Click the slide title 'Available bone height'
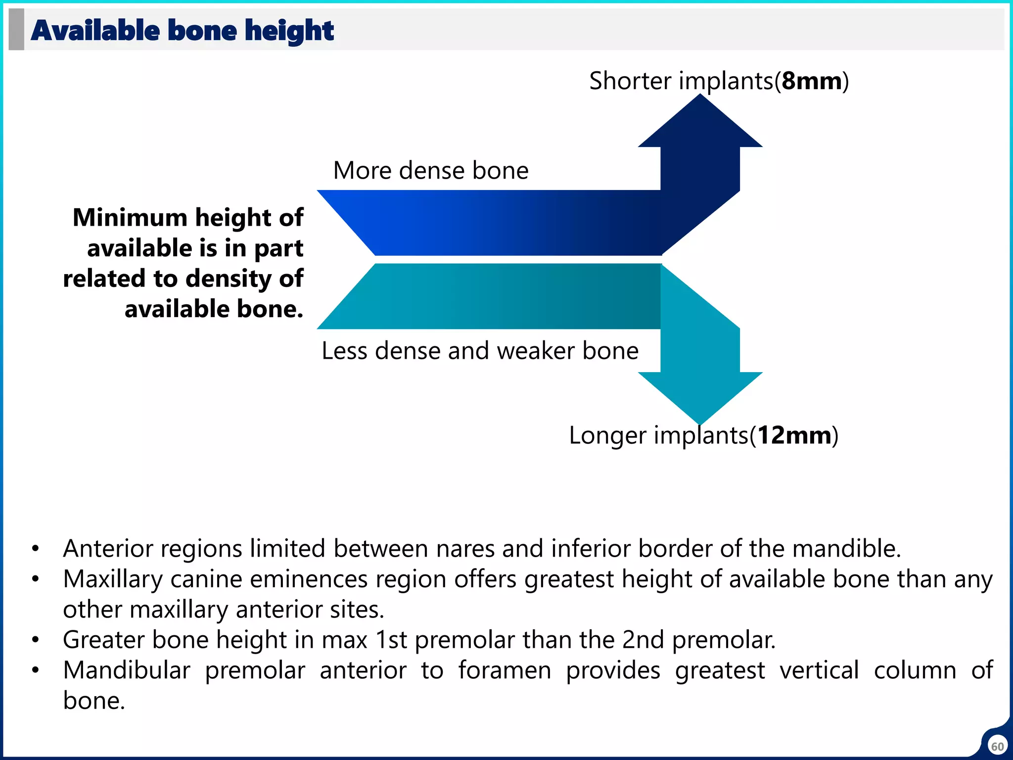[x=182, y=31]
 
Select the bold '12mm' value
[x=794, y=435]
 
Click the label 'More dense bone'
[x=431, y=171]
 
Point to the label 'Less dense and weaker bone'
[x=480, y=351]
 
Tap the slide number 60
[x=997, y=746]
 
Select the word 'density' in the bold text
[x=226, y=279]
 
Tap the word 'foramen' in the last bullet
[x=504, y=670]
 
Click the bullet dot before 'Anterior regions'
[x=35, y=549]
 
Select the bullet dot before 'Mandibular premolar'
[x=35, y=671]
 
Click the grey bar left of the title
[x=16, y=29]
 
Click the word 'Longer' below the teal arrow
[x=607, y=435]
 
